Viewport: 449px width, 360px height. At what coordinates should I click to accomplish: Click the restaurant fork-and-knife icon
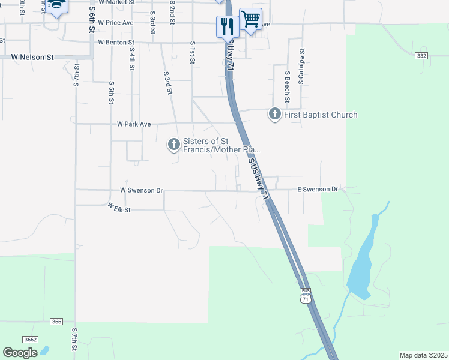227,25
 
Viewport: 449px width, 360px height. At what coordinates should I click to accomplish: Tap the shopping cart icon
250,18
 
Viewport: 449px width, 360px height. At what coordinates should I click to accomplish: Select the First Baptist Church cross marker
275,113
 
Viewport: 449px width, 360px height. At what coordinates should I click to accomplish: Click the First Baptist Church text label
321,115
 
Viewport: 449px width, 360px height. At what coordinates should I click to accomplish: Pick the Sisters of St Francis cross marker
173,144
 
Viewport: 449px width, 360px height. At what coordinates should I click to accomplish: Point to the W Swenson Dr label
142,190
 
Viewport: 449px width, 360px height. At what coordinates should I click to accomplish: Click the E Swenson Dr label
318,189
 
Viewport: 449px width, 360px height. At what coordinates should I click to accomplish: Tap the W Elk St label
119,208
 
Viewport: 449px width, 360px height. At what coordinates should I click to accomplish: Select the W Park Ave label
134,124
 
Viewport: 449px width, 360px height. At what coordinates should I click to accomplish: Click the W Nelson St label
33,57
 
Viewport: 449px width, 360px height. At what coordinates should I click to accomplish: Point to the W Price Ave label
115,22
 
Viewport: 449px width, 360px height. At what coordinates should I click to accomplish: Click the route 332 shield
421,55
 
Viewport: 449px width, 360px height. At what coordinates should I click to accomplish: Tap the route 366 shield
56,322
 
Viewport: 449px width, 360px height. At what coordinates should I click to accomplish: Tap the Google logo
20,352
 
